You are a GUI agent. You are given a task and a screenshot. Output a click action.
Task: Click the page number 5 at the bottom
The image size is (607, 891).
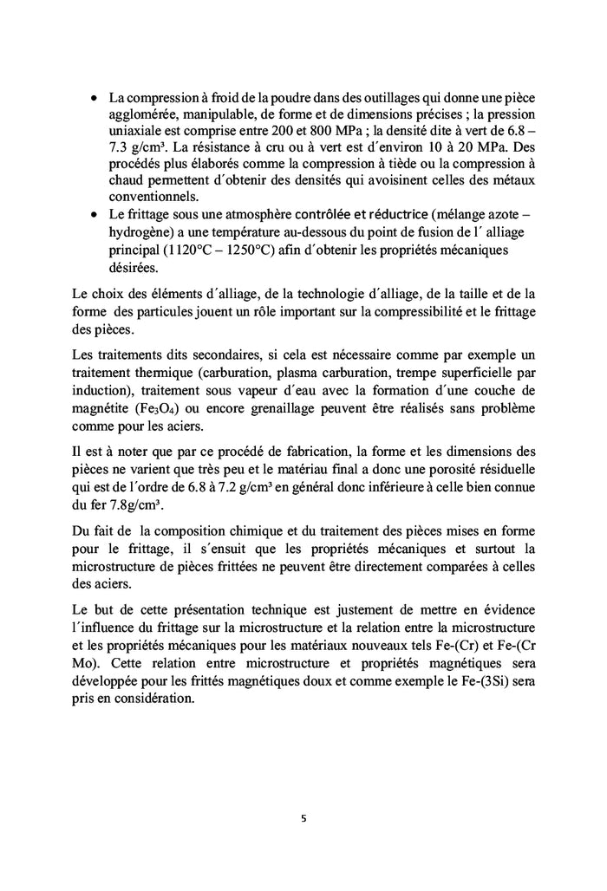pos(303,816)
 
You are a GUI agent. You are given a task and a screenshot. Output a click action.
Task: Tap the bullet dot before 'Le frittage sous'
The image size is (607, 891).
pos(95,215)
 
